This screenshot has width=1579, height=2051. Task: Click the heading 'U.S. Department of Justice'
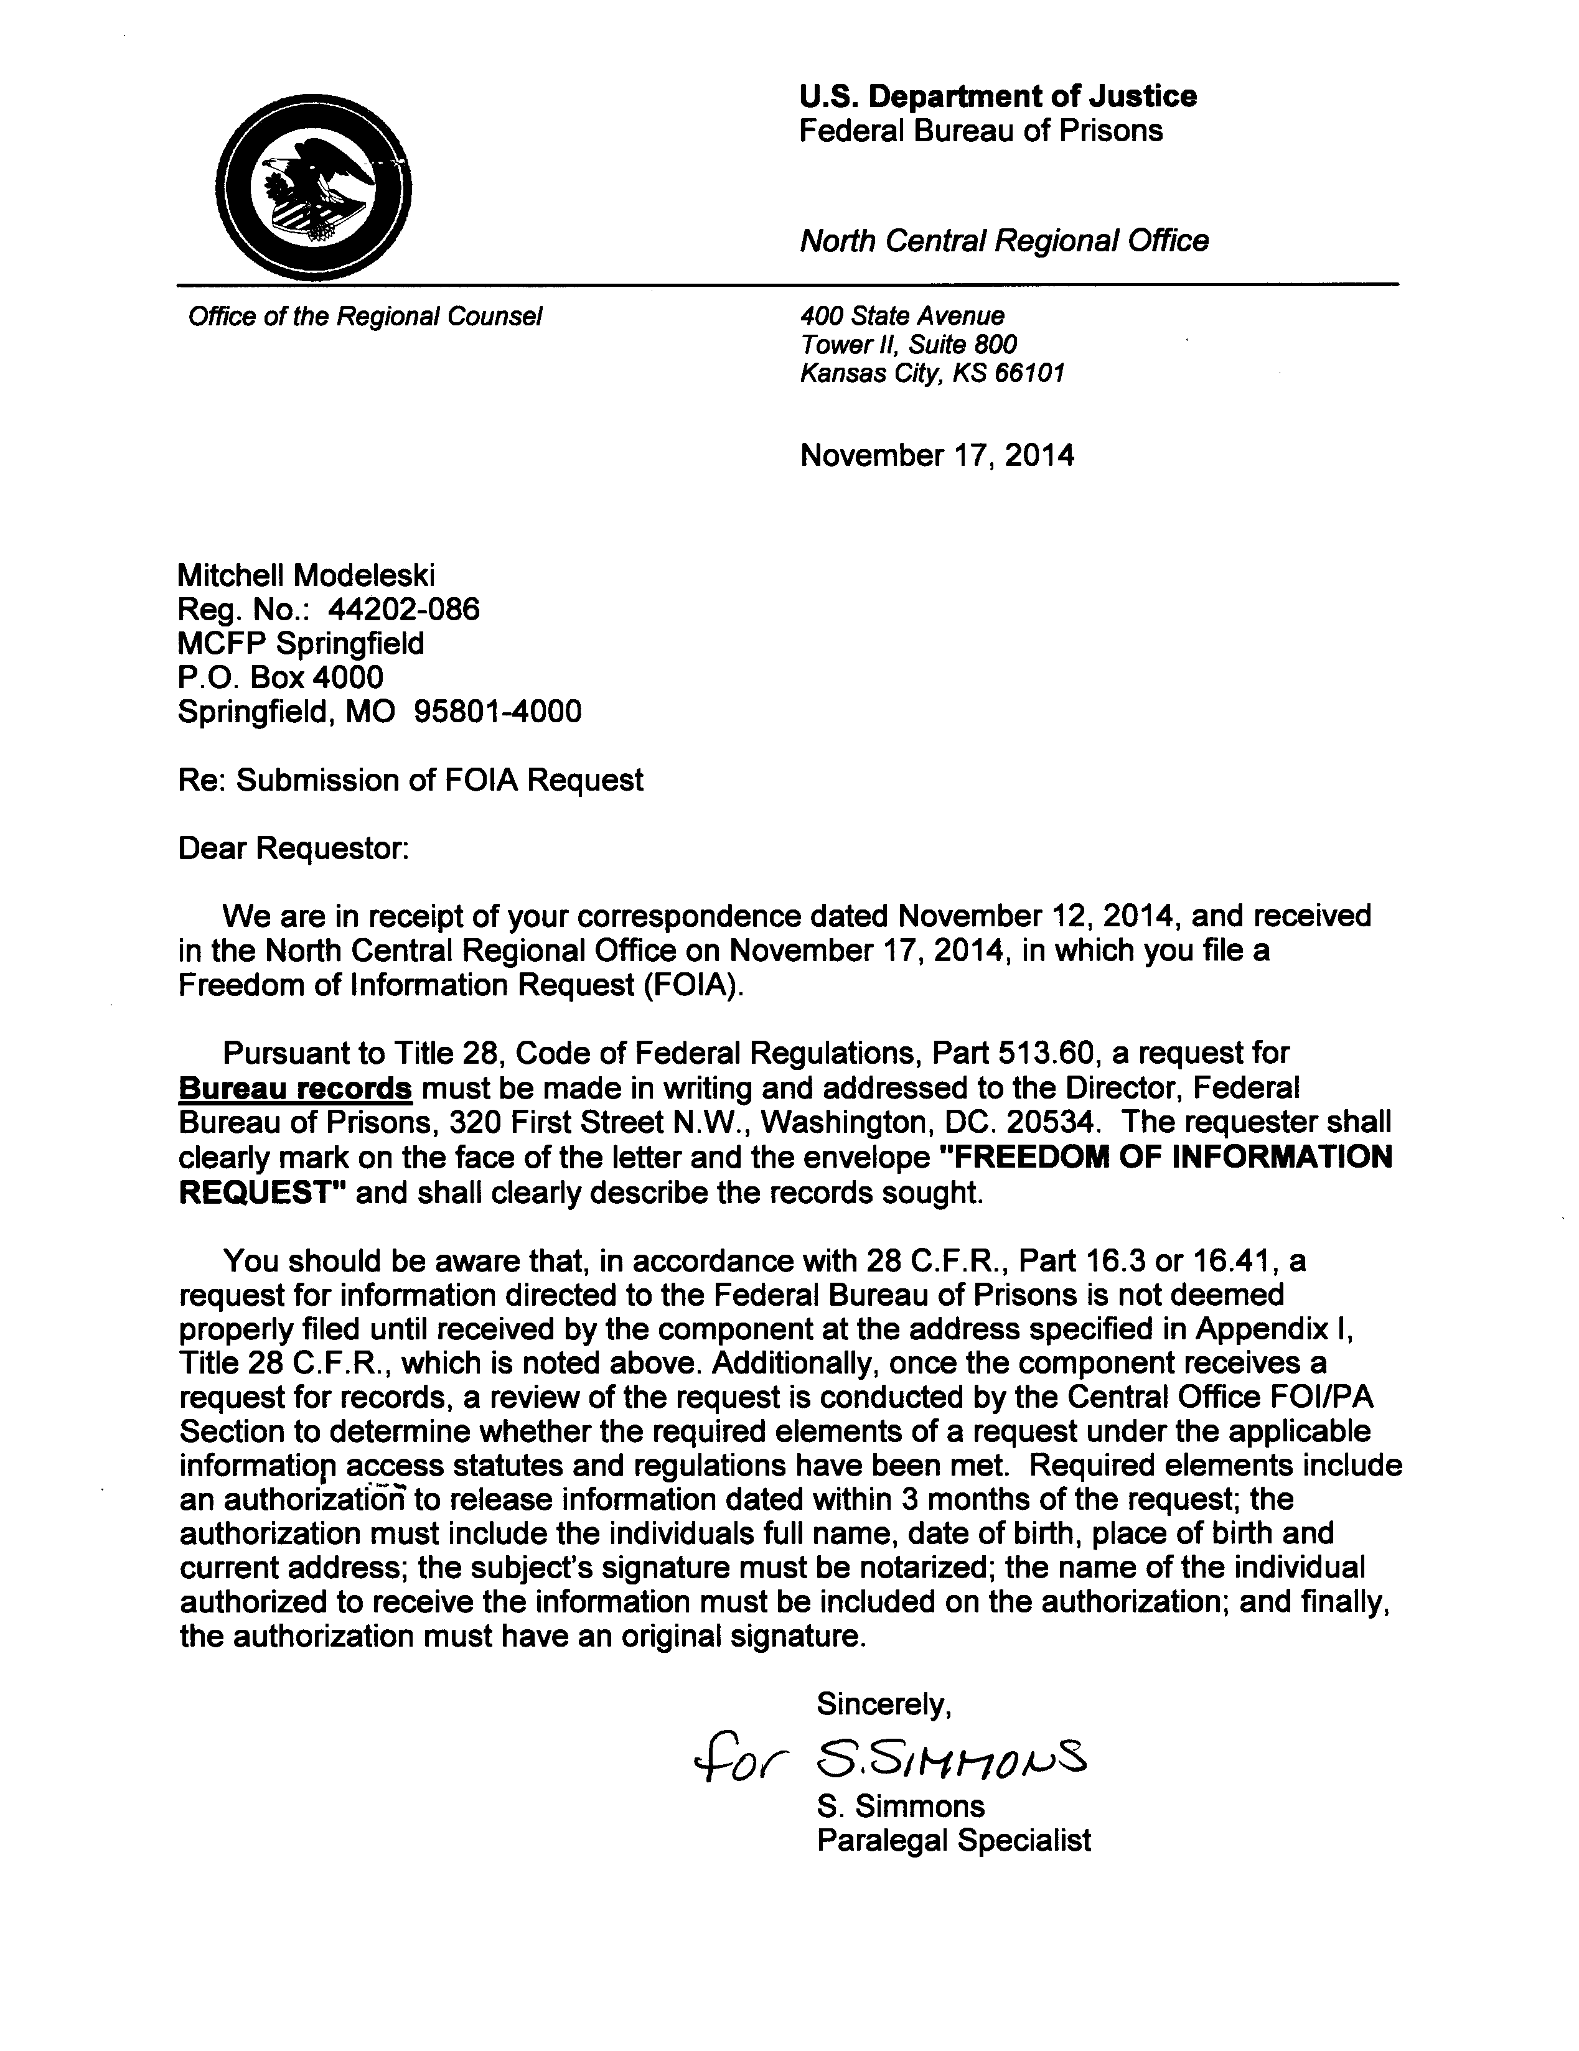click(x=998, y=96)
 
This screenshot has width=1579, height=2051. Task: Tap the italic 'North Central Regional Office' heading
click(x=1003, y=241)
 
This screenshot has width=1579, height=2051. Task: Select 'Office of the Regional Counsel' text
click(x=365, y=317)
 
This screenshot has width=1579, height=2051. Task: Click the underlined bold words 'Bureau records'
click(x=295, y=1089)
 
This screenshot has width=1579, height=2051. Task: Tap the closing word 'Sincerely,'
click(x=884, y=1703)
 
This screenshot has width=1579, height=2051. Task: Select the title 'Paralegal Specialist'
click(x=953, y=1839)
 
